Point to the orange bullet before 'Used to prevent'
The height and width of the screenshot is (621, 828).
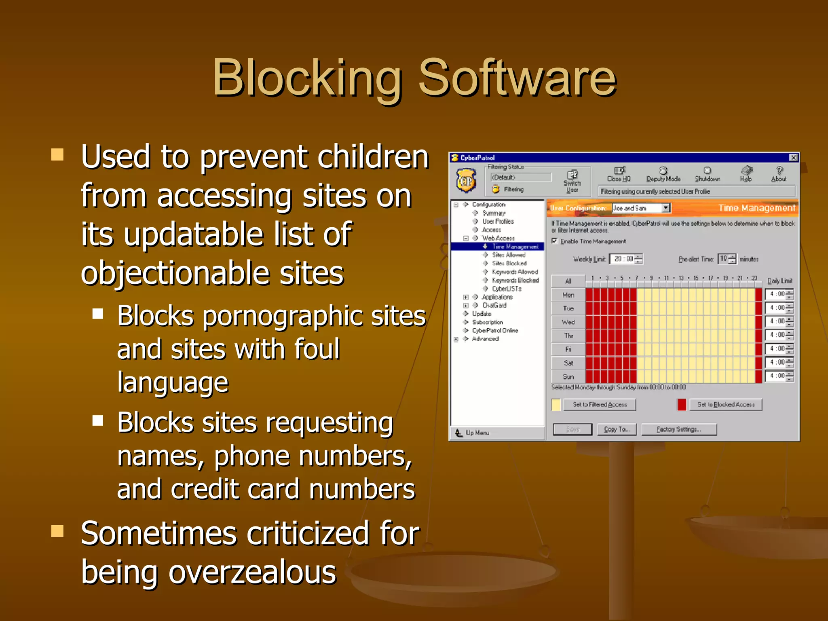click(x=57, y=154)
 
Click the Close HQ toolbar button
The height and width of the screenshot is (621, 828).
click(x=619, y=174)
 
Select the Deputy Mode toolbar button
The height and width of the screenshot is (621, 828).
click(x=663, y=174)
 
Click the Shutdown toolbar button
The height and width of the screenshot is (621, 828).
click(x=707, y=174)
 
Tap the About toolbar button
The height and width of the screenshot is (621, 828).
click(x=779, y=174)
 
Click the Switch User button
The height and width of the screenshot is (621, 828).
click(x=572, y=180)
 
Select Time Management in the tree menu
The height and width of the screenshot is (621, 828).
click(x=515, y=247)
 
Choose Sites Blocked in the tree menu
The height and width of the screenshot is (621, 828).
click(x=509, y=263)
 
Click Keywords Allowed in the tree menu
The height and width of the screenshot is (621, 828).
click(x=515, y=272)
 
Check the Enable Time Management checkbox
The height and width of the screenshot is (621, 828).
click(x=555, y=241)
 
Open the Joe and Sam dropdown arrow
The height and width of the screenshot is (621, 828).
click(x=665, y=208)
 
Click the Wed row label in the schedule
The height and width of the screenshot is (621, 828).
click(x=568, y=322)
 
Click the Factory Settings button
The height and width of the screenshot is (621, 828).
click(x=679, y=429)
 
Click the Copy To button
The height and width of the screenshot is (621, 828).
click(x=617, y=429)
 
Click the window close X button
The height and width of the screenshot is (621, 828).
click(x=793, y=158)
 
